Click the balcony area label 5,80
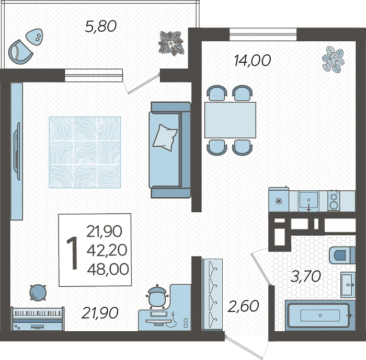coord(100,26)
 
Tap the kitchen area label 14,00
coord(253,60)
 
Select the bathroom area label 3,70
coord(305,276)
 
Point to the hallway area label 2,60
coord(243,306)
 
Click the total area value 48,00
coord(108,269)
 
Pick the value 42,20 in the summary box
coord(107,250)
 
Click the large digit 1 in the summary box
coord(73,253)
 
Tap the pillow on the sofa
coord(165,137)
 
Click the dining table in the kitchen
coord(230,120)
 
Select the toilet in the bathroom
coord(342,255)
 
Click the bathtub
coord(320,315)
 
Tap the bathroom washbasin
coord(348,284)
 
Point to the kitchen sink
coord(308,201)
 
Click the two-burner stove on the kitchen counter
coord(334,201)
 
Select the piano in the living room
coord(38,319)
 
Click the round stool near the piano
coord(38,293)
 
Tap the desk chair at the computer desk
coord(157,297)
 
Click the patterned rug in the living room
coord(85,152)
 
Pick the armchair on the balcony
coord(20,52)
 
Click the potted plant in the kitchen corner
coord(333,59)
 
